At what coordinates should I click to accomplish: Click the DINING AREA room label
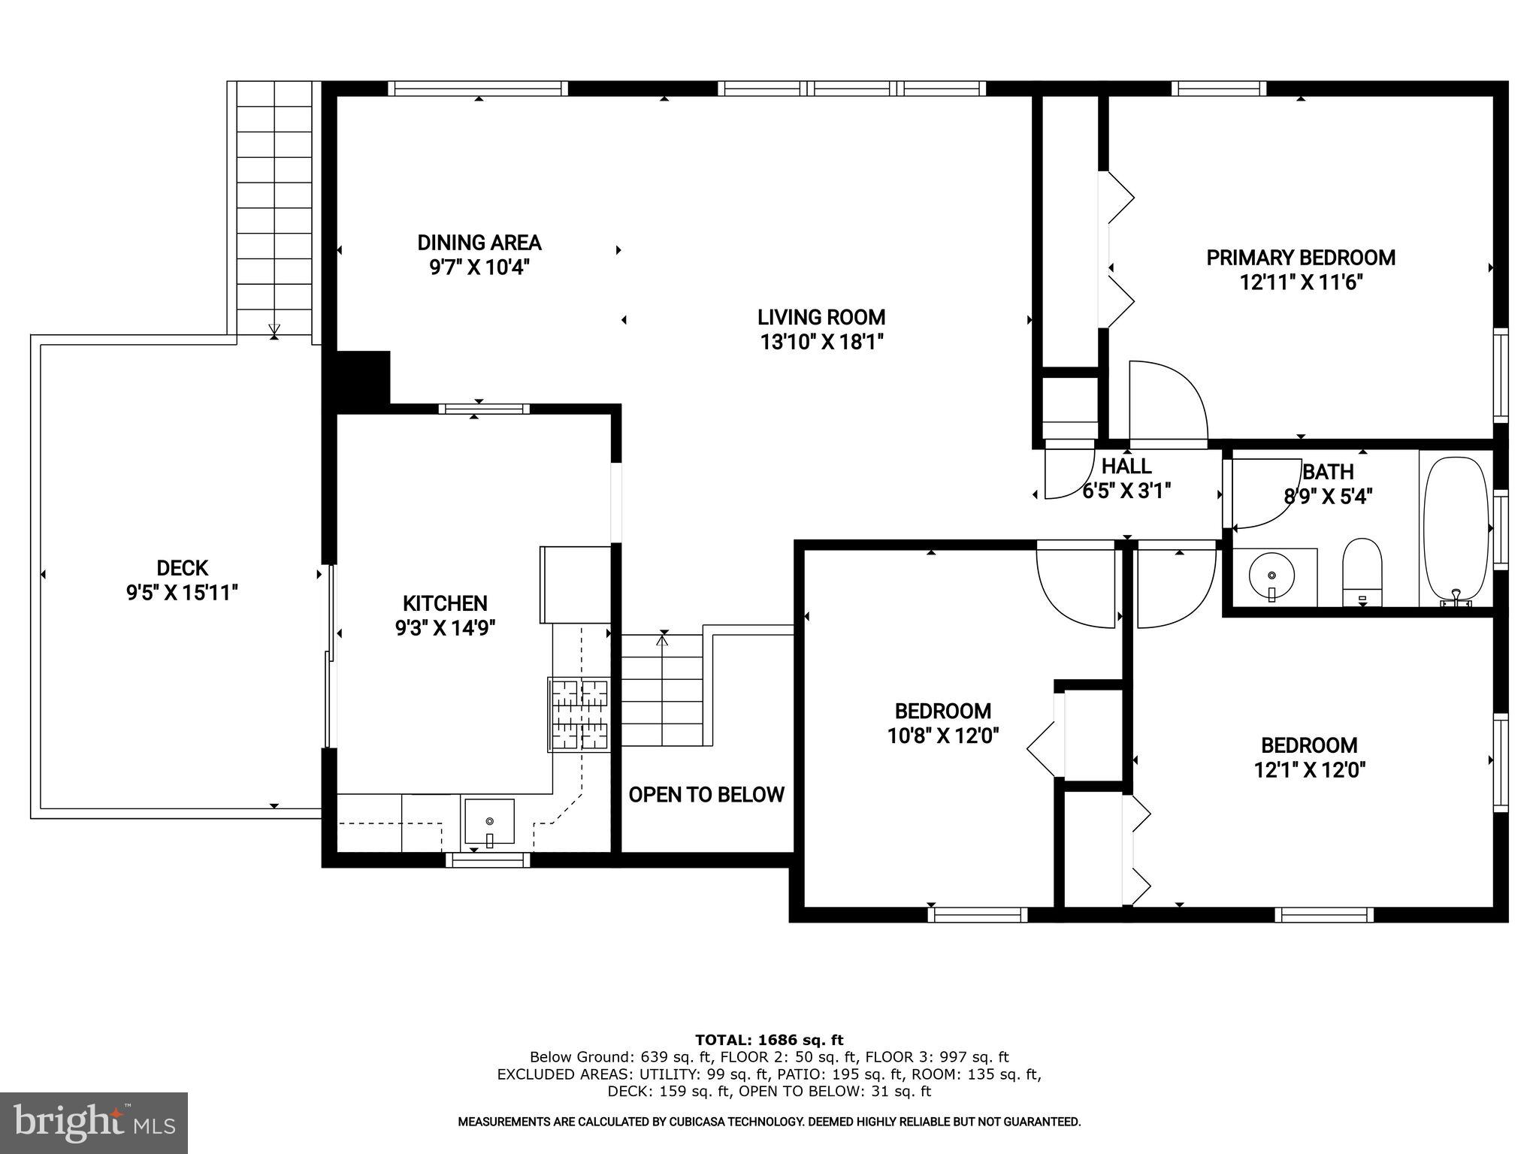pyautogui.click(x=479, y=243)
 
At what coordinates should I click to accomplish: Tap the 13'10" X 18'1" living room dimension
pyautogui.click(x=821, y=343)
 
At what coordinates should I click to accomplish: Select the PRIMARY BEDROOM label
pyautogui.click(x=1300, y=258)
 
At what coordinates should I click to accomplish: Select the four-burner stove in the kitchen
pyautogui.click(x=579, y=714)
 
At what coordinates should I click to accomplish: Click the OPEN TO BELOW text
pyautogui.click(x=706, y=795)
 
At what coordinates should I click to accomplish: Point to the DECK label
pyautogui.click(x=182, y=568)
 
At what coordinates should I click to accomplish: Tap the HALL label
pyautogui.click(x=1126, y=467)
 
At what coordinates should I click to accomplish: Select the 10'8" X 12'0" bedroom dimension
pyautogui.click(x=942, y=736)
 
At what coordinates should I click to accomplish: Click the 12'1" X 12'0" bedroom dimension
pyautogui.click(x=1309, y=770)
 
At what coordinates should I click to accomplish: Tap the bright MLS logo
pyautogui.click(x=94, y=1123)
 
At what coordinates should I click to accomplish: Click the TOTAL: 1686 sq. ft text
pyautogui.click(x=769, y=1040)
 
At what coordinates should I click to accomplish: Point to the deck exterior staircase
pyautogui.click(x=274, y=210)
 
